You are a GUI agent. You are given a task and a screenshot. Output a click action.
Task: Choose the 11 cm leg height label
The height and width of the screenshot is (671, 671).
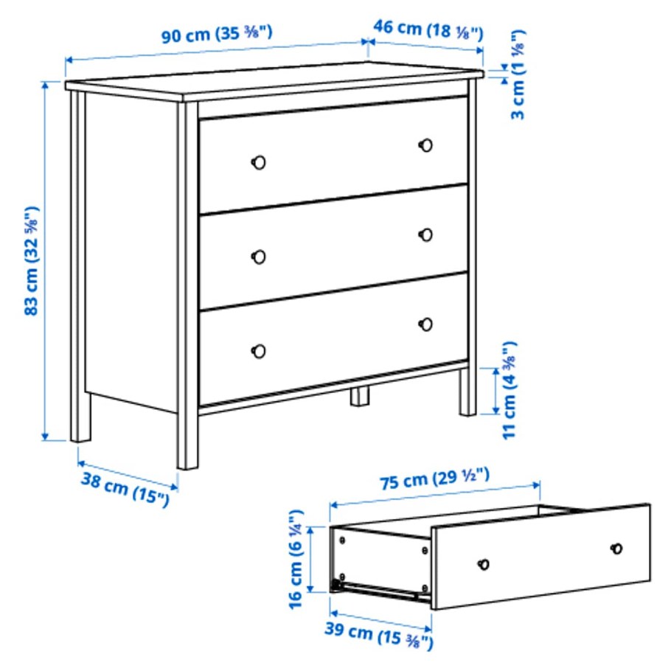[509, 390]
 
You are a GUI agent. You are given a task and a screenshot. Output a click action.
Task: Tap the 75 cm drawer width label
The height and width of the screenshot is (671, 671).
[435, 480]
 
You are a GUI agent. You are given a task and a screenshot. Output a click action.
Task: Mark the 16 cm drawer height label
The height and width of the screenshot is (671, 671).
[296, 558]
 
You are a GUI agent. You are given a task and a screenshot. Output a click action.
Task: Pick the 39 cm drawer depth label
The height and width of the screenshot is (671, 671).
[378, 633]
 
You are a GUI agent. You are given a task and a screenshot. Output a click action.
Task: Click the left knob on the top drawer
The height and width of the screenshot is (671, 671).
[259, 162]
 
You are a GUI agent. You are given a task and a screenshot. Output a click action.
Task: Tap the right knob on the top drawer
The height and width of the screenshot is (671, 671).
[425, 145]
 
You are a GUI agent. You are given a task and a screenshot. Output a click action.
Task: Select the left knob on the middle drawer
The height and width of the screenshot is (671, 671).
[259, 257]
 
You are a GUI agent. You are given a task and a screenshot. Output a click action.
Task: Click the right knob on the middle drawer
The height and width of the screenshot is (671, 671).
[425, 234]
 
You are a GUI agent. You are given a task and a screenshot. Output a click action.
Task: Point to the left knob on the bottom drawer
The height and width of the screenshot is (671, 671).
[259, 351]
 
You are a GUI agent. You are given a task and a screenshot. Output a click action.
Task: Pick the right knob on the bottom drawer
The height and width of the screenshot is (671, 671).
[425, 324]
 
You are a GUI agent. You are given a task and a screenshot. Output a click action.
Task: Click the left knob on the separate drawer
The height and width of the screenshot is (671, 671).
[484, 564]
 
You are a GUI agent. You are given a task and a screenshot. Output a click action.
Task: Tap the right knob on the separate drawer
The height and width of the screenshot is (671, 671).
[616, 548]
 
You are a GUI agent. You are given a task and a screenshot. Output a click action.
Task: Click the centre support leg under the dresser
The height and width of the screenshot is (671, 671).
[360, 396]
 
